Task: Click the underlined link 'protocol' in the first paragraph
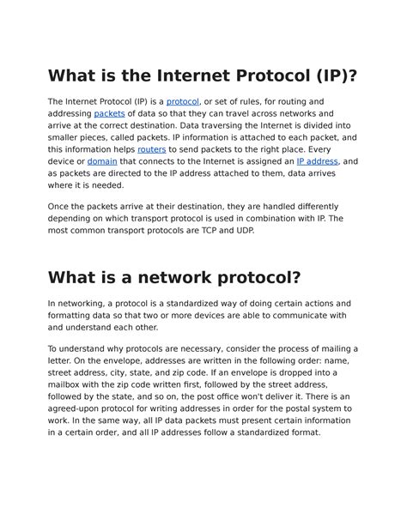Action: point(183,102)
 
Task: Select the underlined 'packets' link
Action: point(109,114)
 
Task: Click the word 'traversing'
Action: point(257,125)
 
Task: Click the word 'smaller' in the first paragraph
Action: point(66,137)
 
